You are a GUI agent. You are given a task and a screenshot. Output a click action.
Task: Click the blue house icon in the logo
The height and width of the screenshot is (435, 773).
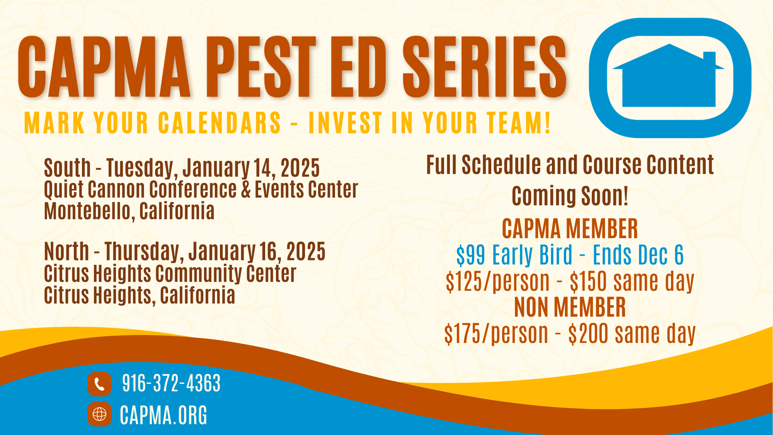(x=669, y=77)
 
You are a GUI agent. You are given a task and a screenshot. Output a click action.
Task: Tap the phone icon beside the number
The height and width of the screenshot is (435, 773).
(x=99, y=384)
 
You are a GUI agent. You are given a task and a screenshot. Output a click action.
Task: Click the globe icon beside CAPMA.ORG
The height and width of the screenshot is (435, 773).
(x=99, y=414)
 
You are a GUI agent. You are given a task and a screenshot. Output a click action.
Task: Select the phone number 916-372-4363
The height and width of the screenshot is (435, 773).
(x=171, y=383)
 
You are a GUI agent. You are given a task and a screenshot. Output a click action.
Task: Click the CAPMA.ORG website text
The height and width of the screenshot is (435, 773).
(x=163, y=415)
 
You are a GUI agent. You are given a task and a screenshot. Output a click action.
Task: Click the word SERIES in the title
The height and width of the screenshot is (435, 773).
(x=485, y=67)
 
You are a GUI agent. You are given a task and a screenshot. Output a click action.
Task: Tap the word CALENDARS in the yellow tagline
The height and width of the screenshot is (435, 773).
(x=220, y=123)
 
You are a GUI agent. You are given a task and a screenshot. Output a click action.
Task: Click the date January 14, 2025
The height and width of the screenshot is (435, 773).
(x=251, y=168)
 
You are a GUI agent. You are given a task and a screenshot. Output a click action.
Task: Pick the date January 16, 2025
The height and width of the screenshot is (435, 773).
(x=257, y=252)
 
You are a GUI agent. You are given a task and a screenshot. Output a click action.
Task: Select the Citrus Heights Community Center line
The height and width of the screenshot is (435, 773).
(x=170, y=273)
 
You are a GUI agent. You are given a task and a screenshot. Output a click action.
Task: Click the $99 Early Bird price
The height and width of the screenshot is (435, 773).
(x=514, y=255)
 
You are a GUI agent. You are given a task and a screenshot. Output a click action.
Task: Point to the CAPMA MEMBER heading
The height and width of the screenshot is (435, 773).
(x=570, y=229)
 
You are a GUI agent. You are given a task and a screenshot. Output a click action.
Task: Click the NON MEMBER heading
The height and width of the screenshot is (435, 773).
(x=570, y=307)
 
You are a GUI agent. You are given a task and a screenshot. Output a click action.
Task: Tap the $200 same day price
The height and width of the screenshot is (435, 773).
(x=632, y=334)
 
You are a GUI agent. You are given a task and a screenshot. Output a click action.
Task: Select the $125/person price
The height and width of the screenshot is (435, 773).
(x=498, y=281)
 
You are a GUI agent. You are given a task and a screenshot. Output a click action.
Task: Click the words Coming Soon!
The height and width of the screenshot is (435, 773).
(x=570, y=196)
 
